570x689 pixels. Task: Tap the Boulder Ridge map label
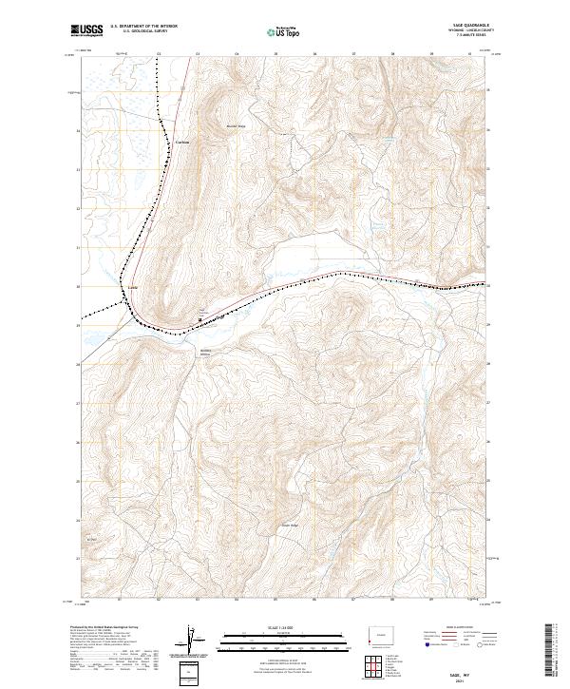pyautogui.click(x=236, y=125)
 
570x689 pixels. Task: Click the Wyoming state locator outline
pyautogui.click(x=380, y=635)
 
